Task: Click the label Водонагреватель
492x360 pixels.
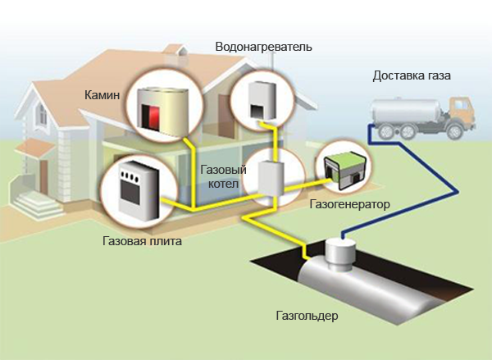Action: [262, 47]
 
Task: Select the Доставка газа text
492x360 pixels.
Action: [411, 75]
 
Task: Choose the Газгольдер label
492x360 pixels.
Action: [308, 315]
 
